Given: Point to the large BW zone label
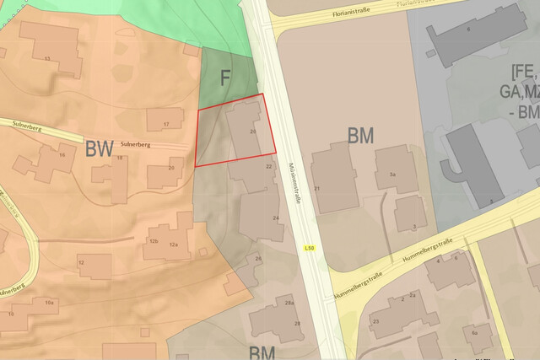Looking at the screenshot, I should click(x=100, y=150).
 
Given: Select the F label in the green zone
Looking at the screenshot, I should click(x=225, y=78).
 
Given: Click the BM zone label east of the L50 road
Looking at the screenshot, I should click(x=360, y=135).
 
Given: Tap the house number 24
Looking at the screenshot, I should click(x=275, y=218).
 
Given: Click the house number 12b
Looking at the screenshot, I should click(x=154, y=242).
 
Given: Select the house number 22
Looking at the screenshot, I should click(x=268, y=167).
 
